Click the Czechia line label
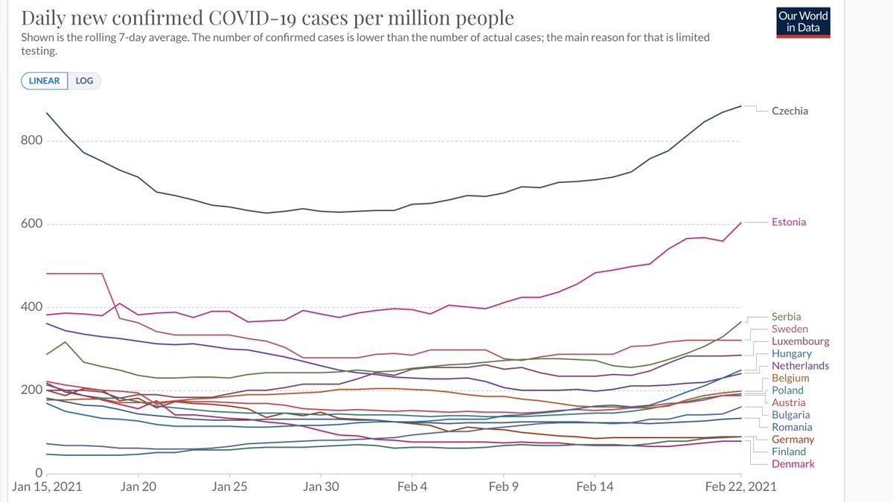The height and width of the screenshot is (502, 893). [790, 111]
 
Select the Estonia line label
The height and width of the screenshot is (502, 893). [789, 222]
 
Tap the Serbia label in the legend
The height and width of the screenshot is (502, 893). [787, 317]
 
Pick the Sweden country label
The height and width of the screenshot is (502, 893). [790, 329]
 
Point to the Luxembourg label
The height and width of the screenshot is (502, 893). [800, 341]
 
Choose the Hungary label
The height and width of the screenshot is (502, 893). [792, 354]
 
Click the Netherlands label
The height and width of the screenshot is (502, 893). [800, 366]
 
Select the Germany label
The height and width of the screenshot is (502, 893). [793, 440]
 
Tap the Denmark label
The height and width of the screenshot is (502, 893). [793, 464]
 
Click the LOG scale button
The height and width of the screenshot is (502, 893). [85, 80]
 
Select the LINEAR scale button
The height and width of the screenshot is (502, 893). [45, 80]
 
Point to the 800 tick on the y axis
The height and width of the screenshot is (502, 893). [31, 141]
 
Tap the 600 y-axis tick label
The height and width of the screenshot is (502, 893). [31, 225]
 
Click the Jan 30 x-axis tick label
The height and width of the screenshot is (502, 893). [321, 486]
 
